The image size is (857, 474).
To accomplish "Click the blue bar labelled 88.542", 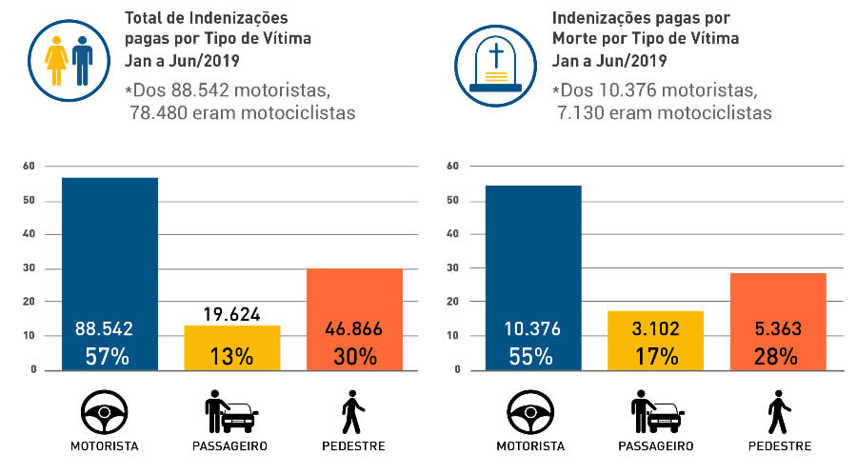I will pos(110,257).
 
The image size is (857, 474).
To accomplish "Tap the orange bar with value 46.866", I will pos(354,305).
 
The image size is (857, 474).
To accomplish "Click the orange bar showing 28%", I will pos(778,305).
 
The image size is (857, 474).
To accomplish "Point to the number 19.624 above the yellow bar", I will pos(231,314).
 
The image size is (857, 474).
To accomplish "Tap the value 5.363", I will pos(778,329).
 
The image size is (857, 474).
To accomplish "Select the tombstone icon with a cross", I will pos(492,59).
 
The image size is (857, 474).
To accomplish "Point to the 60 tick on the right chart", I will pos(453,167).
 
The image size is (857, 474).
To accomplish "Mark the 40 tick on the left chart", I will pos(30,234).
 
